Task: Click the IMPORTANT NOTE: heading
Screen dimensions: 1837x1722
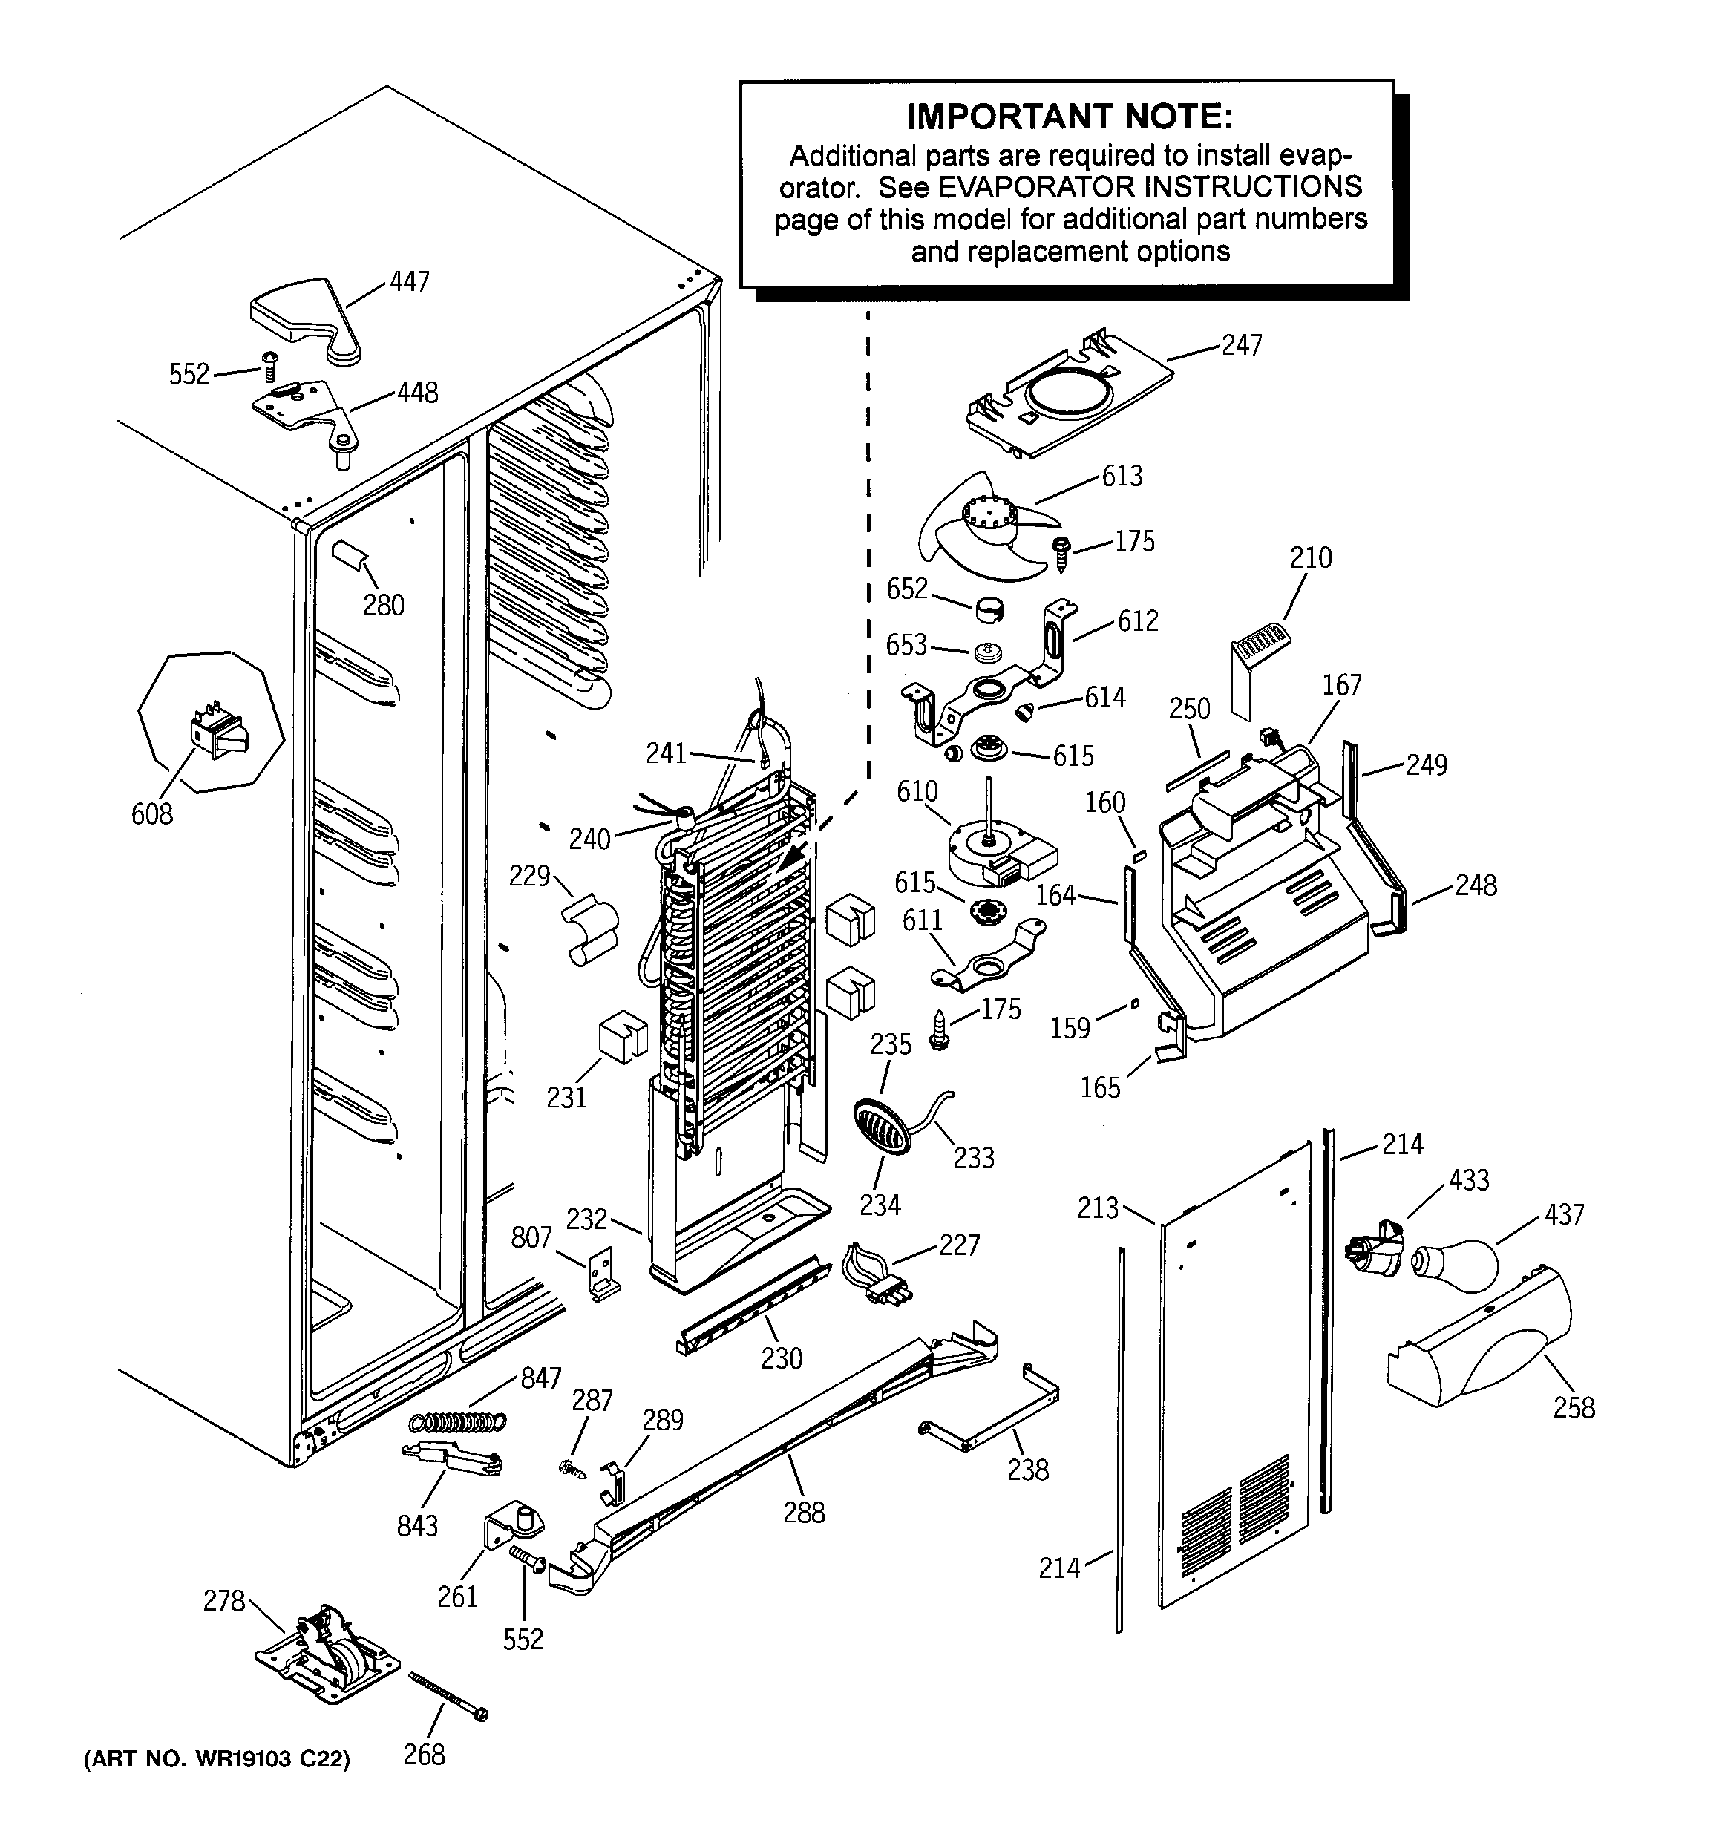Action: coord(1070,117)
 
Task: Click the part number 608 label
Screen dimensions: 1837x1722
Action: coord(152,813)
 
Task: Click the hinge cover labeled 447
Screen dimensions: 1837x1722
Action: coord(305,318)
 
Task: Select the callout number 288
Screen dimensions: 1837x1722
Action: coord(803,1513)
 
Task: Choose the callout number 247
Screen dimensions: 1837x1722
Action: coord(1241,344)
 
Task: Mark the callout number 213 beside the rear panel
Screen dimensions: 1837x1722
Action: coord(1097,1208)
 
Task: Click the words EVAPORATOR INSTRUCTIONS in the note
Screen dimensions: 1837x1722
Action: coord(1150,186)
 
